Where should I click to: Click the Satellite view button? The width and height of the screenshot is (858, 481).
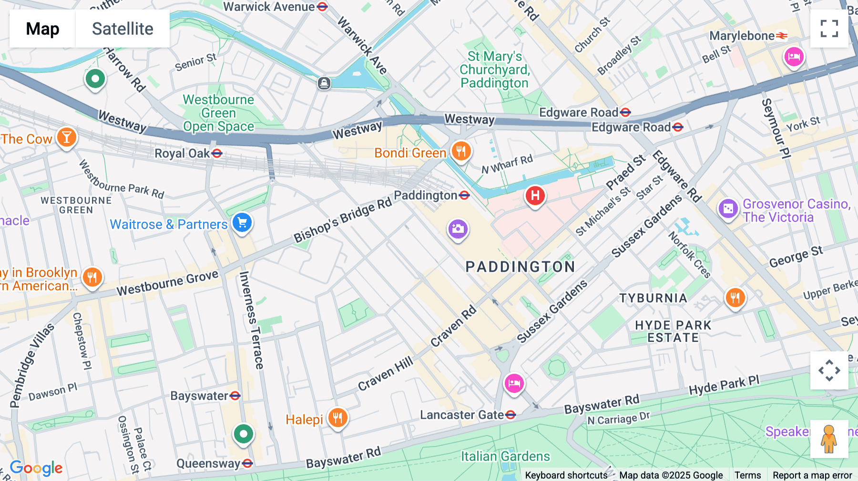coord(123,29)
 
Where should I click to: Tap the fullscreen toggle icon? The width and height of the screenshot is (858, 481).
coord(829,29)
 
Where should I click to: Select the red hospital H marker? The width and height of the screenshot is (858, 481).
coord(535,196)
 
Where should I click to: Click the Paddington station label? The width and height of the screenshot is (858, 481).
coord(426,196)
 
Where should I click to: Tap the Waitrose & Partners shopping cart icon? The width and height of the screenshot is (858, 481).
coord(242,222)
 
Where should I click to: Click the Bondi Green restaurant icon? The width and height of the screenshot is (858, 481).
coord(461,151)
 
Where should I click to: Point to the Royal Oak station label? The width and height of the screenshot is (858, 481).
coord(183,153)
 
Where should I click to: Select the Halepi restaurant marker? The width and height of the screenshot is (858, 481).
coord(337,418)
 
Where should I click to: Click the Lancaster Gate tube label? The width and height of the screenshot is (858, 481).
coord(462,415)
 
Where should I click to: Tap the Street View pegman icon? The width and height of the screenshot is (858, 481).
coord(829,439)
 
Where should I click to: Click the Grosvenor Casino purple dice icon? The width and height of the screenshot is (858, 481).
coord(728,209)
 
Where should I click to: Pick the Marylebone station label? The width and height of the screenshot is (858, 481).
coord(742,36)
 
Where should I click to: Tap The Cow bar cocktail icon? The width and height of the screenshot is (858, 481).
coord(67,138)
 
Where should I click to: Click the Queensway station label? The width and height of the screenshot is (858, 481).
coord(209,463)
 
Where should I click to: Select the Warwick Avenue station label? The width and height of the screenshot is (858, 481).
coord(269,7)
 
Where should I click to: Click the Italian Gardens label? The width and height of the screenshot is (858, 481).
coord(505,456)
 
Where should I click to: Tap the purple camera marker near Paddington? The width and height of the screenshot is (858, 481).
coord(458,229)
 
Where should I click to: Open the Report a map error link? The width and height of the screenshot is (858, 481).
coord(812,475)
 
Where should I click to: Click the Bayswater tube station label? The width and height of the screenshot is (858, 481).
coord(199,396)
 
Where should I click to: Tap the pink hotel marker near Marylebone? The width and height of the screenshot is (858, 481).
coord(794,57)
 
